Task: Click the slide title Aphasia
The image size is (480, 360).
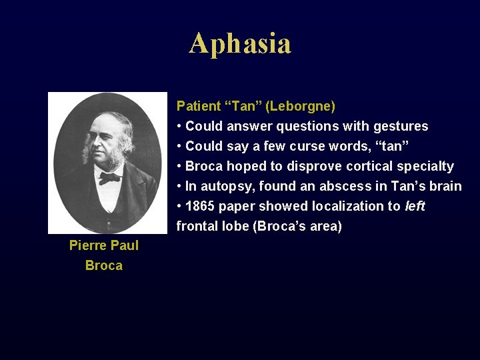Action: click(240, 44)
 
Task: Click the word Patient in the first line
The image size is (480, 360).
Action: click(198, 106)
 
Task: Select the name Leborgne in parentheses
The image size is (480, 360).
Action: click(304, 106)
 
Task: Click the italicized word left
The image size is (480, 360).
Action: click(415, 206)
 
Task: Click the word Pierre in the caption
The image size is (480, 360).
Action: click(88, 245)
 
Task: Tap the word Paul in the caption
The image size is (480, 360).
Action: click(125, 245)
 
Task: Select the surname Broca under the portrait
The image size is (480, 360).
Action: click(104, 265)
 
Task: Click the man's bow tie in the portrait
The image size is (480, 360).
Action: click(109, 178)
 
